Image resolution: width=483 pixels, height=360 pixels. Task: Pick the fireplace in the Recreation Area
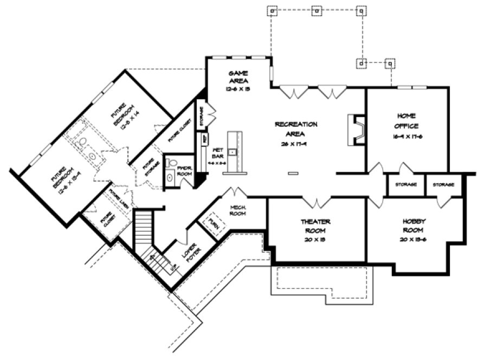point(356,130)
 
